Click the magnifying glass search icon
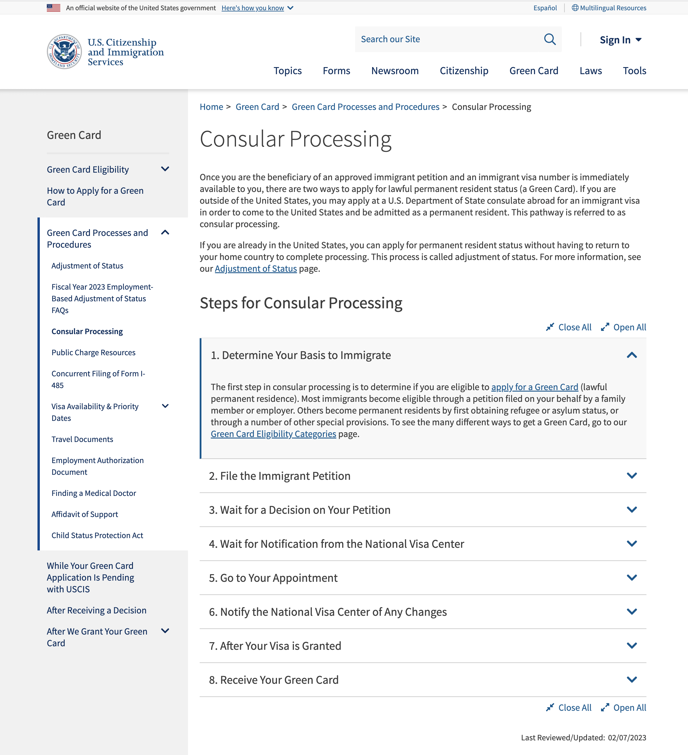click(550, 39)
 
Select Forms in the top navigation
click(336, 71)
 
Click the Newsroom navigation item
click(395, 71)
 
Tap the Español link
click(545, 8)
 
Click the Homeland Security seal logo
click(64, 52)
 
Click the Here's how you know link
click(253, 8)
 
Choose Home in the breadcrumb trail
click(211, 107)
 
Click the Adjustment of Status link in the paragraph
click(256, 269)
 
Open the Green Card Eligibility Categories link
click(273, 434)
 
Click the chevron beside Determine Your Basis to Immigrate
click(631, 355)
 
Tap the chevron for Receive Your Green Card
click(631, 680)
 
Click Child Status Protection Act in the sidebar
click(97, 535)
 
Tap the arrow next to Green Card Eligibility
click(165, 169)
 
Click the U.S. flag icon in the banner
click(54, 8)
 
